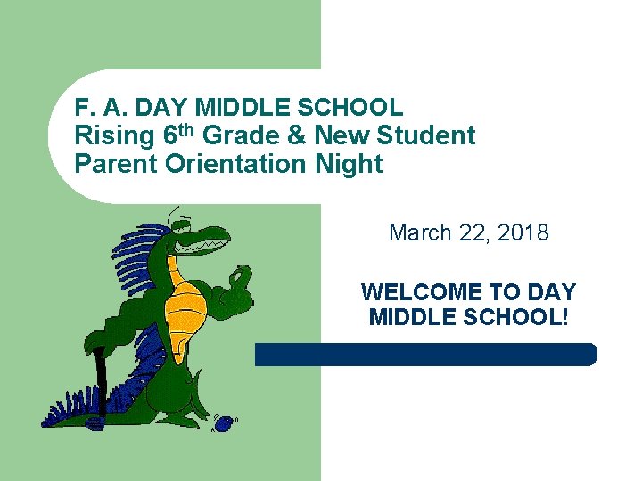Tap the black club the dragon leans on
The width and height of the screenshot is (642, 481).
click(100, 383)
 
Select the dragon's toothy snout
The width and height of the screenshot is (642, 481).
click(210, 238)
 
